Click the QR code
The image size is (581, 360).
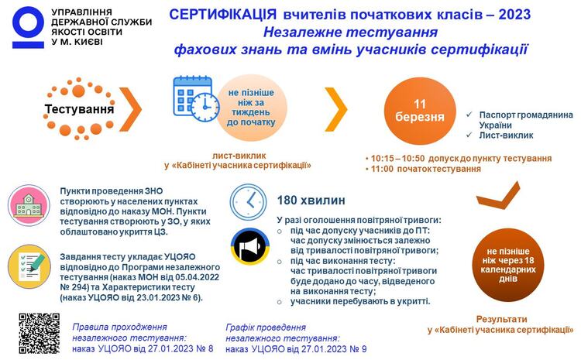[x=40, y=334]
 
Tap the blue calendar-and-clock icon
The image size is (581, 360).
[x=196, y=99]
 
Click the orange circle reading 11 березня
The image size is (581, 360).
[x=419, y=111]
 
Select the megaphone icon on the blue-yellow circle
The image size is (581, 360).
[x=250, y=247]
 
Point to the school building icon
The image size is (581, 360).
[x=29, y=206]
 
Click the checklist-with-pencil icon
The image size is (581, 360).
[x=29, y=266]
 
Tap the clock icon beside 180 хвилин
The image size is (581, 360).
[x=248, y=202]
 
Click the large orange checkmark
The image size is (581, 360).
[x=498, y=195]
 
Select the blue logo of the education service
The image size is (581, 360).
[x=28, y=27]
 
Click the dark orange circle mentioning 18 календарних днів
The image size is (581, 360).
[x=508, y=265]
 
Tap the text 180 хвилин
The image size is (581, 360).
[x=311, y=201]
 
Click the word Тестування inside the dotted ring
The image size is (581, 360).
[x=79, y=109]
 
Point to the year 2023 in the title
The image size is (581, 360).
[x=514, y=15]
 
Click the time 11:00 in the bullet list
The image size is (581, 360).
[x=382, y=169]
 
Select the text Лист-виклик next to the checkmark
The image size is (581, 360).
[x=506, y=135]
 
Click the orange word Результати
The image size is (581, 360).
[x=501, y=319]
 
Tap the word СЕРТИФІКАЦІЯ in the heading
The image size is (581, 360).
[x=222, y=15]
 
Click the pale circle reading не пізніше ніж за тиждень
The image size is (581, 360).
[x=251, y=108]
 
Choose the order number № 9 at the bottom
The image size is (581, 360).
[x=359, y=349]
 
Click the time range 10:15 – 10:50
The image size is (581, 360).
[x=397, y=159]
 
